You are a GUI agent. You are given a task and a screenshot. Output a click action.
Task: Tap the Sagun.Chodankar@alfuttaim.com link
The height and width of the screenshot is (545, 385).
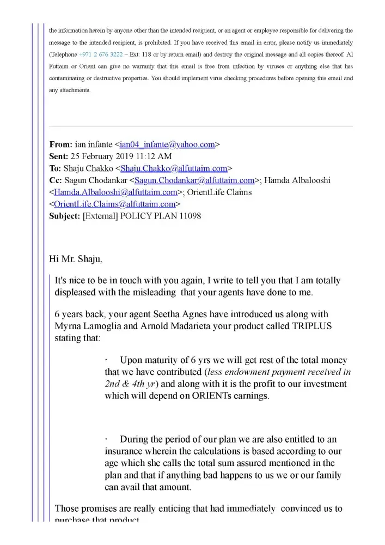194,180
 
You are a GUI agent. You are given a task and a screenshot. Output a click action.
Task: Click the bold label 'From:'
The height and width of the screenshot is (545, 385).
60,145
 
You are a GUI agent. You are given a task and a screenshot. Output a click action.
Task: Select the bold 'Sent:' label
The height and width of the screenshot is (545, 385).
59,157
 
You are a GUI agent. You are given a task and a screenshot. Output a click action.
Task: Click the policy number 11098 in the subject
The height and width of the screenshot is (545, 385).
190,216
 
